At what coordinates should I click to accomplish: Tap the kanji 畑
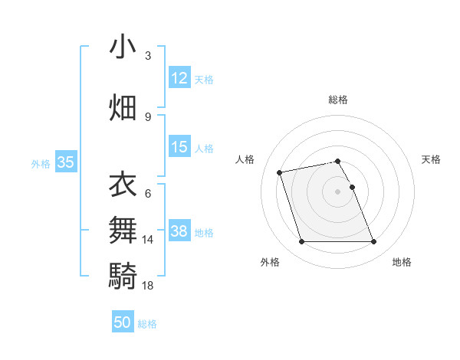123,106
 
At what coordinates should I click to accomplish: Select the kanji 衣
123,185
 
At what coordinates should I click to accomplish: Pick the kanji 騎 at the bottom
123,274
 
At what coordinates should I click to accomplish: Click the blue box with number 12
179,78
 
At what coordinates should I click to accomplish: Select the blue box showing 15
179,147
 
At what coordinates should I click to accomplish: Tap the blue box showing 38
179,232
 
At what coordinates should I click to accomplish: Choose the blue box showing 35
65,162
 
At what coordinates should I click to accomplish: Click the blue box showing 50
123,322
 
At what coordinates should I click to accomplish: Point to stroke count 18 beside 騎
148,285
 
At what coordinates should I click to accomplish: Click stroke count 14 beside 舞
148,240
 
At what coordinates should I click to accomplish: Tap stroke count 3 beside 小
148,56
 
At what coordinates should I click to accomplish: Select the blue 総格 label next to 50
147,324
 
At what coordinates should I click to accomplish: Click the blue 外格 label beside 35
41,163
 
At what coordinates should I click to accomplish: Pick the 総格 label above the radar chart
338,100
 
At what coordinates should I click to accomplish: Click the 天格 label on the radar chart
431,159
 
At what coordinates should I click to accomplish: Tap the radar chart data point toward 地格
373,242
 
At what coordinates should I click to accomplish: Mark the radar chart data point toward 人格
280,172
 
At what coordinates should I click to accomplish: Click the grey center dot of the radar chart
338,191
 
